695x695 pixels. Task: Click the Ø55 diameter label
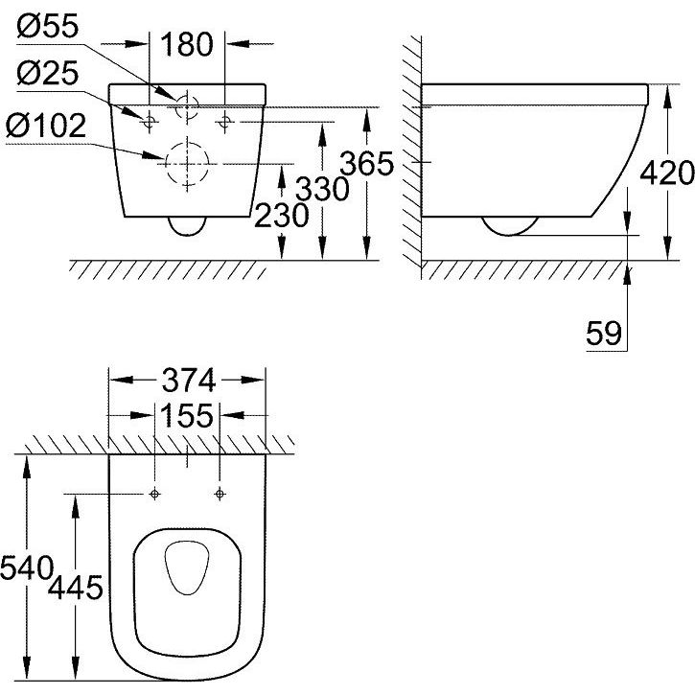[x=48, y=26]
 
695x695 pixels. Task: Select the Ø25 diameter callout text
[x=48, y=73]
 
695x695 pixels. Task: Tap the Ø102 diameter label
[x=46, y=126]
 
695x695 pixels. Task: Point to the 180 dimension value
[x=187, y=44]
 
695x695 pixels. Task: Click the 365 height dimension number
[x=366, y=163]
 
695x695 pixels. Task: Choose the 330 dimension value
[x=322, y=189]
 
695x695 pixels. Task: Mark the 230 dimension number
[x=282, y=216]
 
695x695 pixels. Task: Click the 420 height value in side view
[x=667, y=173]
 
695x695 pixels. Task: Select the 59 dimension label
[x=604, y=334]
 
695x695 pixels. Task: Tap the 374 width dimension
[x=189, y=381]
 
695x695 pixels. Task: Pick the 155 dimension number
[x=187, y=416]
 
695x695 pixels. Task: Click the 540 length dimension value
[x=27, y=568]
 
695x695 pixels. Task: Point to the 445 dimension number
[x=76, y=588]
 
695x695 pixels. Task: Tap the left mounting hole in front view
[x=149, y=120]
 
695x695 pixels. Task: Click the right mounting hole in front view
[x=224, y=120]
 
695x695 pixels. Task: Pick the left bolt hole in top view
[x=154, y=494]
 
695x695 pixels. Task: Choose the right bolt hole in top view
[x=220, y=494]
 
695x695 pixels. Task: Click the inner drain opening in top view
[x=165, y=568]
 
